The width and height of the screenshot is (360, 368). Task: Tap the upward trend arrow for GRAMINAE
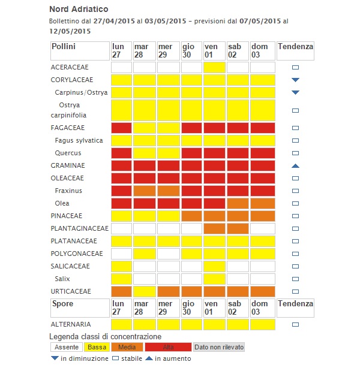point(295,165)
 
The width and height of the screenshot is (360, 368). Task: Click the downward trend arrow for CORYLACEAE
point(295,80)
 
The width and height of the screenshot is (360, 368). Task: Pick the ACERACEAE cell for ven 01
point(215,67)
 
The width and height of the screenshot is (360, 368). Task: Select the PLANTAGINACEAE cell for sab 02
point(238,228)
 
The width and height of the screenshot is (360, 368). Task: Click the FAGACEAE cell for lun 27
point(121,128)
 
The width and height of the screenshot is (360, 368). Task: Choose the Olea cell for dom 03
point(262,203)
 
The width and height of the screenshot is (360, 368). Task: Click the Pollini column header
point(64,47)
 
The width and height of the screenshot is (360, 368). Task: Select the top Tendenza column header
point(295,47)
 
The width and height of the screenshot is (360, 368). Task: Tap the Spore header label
point(62,304)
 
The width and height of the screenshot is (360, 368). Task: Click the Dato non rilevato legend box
point(218,347)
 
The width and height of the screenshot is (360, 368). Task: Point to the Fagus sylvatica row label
point(79,140)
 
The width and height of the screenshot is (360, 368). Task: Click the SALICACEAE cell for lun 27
point(121,266)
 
